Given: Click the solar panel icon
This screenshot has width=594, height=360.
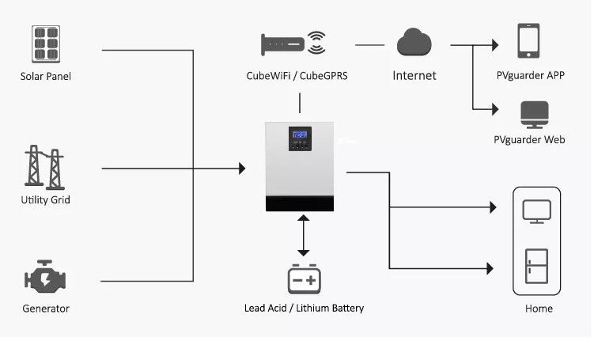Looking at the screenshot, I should (x=45, y=44).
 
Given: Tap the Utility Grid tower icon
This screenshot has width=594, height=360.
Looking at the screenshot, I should (x=45, y=168).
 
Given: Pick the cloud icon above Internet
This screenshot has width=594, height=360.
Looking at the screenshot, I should (x=414, y=43).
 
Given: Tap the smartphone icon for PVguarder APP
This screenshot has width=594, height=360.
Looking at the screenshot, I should (x=528, y=40).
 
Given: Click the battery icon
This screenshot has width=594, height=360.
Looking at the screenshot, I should (x=304, y=279).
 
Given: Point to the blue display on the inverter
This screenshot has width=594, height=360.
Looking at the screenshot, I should (x=300, y=135).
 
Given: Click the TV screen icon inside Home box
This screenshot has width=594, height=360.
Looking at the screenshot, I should (x=537, y=210).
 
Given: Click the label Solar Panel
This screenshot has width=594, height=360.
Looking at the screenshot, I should (x=45, y=77).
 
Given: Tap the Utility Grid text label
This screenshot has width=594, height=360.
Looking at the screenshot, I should (x=45, y=200).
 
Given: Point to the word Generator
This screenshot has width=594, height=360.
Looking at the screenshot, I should (x=45, y=309).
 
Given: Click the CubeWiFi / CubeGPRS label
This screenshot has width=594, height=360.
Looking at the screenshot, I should (x=297, y=77).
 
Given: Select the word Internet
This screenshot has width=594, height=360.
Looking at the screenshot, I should (x=414, y=76).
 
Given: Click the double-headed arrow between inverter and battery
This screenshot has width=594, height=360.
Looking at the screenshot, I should (x=303, y=234).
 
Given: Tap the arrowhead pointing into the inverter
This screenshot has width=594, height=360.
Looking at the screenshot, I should (x=241, y=169).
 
